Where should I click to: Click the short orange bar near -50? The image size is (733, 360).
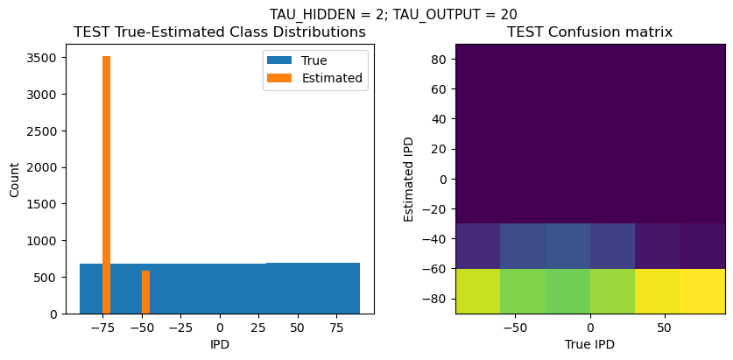[x=145, y=292]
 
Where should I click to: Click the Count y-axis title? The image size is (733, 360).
[x=14, y=178]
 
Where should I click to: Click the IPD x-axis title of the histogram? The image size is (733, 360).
[x=220, y=344]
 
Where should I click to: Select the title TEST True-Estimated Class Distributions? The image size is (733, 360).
[x=220, y=32]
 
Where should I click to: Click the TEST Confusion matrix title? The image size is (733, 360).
[x=590, y=32]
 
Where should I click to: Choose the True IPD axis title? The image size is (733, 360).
[x=590, y=344]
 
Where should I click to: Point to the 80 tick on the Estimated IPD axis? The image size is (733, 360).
[x=440, y=59]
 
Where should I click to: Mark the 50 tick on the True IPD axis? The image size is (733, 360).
[x=666, y=328]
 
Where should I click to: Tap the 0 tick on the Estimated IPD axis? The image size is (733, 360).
[x=443, y=179]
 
